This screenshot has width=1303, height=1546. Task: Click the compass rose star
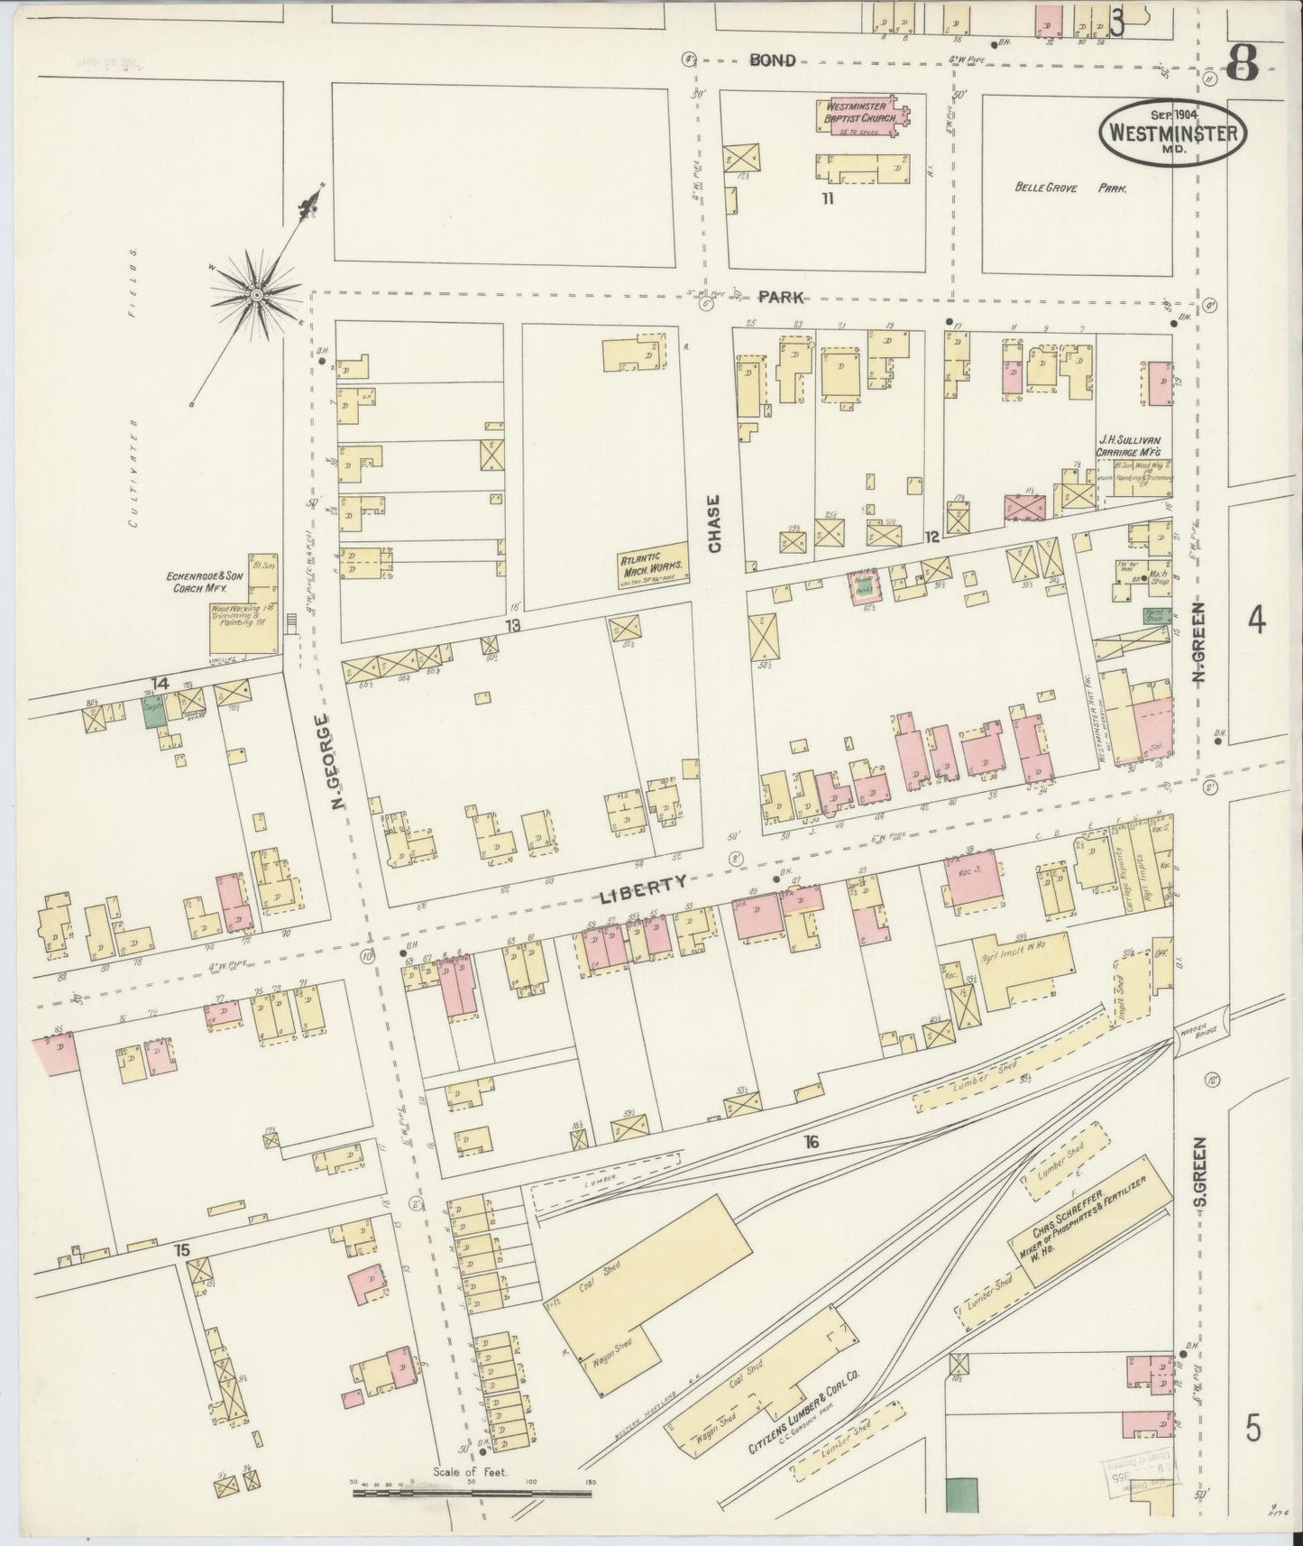256,294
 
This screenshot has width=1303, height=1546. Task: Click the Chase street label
715,523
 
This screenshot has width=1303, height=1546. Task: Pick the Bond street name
773,60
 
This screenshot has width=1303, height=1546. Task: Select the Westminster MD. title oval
1171,133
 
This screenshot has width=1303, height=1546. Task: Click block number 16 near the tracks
812,1142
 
